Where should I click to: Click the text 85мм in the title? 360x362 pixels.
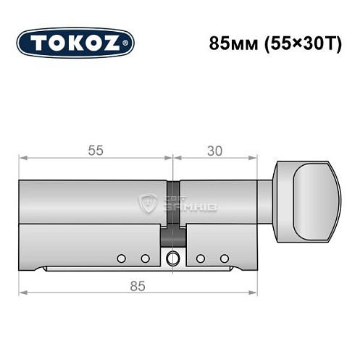229,43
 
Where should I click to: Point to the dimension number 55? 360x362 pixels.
95,151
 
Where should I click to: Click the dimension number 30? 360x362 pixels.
214,151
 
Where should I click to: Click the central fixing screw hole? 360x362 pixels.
172,259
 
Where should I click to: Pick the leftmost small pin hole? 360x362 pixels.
121,258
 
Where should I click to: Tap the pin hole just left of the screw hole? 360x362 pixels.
145,258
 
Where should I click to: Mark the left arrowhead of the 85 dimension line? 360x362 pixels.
22,293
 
